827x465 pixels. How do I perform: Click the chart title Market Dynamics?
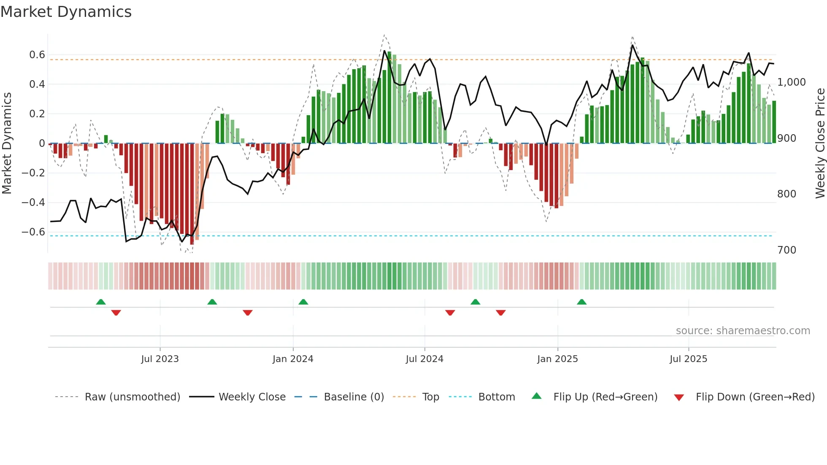pos(66,12)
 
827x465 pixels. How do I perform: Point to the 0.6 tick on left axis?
pos(37,55)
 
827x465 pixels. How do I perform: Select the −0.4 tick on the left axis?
pos(33,203)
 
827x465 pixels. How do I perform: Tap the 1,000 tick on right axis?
pos(792,82)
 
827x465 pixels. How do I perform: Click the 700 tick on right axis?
pos(786,250)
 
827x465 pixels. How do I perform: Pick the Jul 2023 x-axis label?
pos(160,359)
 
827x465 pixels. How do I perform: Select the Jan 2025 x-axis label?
pos(557,359)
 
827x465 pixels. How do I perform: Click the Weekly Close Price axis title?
pos(820,143)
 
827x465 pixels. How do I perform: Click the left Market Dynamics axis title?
pos(7,143)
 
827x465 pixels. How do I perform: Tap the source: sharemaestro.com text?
pos(743,331)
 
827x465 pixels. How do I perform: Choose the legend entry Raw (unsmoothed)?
pos(132,397)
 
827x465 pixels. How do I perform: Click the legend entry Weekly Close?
pos(252,397)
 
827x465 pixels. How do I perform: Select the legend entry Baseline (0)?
pos(354,397)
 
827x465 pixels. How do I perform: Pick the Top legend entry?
pos(430,397)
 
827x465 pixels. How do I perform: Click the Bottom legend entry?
pos(496,397)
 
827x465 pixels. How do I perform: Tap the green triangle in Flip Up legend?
pos(536,396)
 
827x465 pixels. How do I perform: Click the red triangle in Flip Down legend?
pos(679,397)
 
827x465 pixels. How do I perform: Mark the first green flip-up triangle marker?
pos(101,302)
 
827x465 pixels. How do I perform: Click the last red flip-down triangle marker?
pos(501,313)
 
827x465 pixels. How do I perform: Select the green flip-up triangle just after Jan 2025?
pos(582,302)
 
